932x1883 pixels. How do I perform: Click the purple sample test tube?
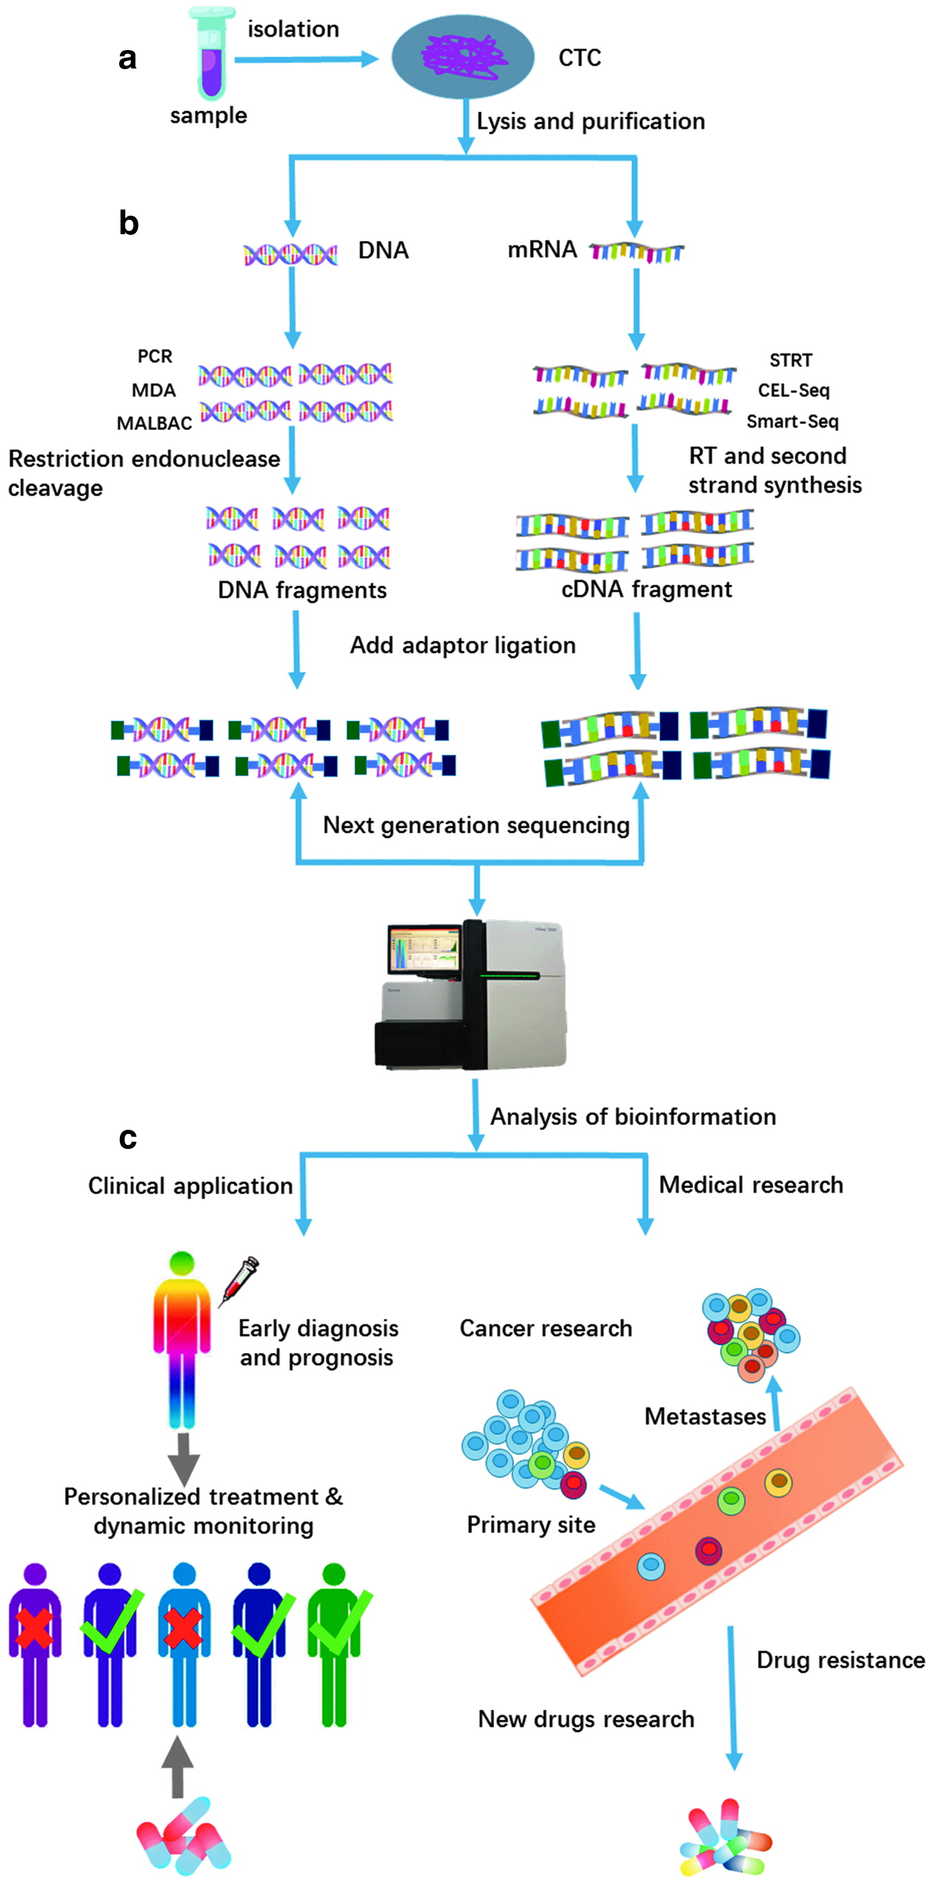(211, 58)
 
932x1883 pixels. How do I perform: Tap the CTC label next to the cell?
(579, 58)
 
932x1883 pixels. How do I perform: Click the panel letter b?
(129, 223)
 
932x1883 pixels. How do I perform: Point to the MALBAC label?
(154, 423)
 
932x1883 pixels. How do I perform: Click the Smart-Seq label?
(792, 422)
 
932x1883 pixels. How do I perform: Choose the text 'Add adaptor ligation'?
(463, 646)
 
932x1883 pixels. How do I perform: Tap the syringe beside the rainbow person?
(240, 1281)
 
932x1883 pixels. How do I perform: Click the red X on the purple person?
(34, 1627)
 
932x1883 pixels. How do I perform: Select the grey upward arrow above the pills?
(177, 1765)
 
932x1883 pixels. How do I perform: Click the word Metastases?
(705, 1417)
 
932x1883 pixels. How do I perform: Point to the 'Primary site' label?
(531, 1525)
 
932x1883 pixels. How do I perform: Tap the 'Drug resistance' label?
(841, 1660)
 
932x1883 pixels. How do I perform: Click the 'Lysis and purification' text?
(591, 121)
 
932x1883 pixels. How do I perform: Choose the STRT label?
(790, 360)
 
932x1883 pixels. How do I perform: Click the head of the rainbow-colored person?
(181, 1263)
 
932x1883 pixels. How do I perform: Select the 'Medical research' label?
(751, 1185)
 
